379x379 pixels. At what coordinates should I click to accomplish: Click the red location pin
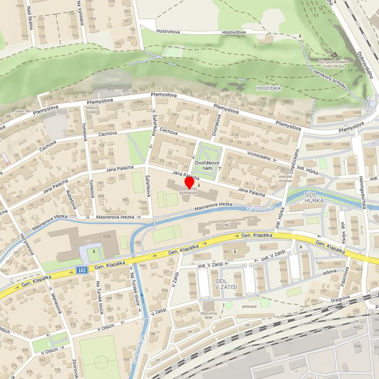[189, 183]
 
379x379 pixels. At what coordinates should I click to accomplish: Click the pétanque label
[249, 304]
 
